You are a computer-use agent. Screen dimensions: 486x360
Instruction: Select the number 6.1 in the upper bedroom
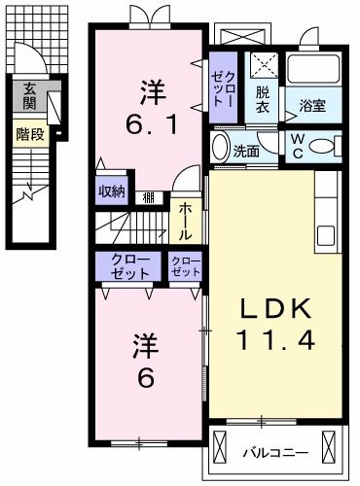[x=150, y=125]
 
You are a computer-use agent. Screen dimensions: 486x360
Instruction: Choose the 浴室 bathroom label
[x=312, y=104]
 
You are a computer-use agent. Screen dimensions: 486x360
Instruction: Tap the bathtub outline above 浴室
[x=310, y=68]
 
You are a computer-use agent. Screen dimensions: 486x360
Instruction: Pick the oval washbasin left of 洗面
[x=219, y=150]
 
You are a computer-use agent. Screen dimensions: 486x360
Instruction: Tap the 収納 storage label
[x=111, y=191]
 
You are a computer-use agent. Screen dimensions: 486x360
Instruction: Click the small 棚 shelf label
[x=148, y=197]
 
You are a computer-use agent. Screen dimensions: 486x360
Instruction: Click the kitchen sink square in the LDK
[x=325, y=236]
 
